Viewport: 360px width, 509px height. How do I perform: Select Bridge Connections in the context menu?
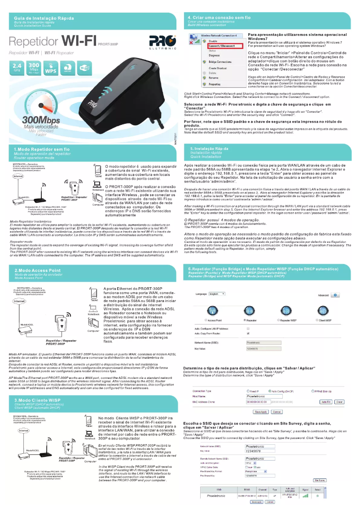tap(220, 61)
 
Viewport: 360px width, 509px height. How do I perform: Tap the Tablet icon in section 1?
tap(98, 170)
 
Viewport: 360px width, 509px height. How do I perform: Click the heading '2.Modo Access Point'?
tap(38, 270)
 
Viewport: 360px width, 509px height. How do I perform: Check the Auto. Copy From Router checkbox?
tap(248, 334)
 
